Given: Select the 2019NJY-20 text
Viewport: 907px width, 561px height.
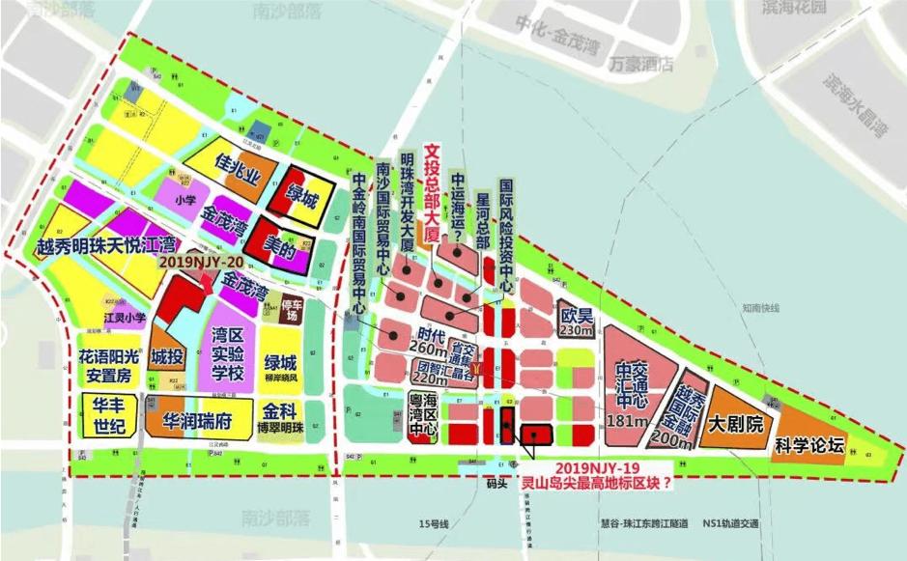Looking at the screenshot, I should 199,262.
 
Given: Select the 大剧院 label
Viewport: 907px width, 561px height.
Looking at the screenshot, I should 736,424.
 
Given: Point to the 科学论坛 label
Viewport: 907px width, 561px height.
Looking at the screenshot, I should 809,445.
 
